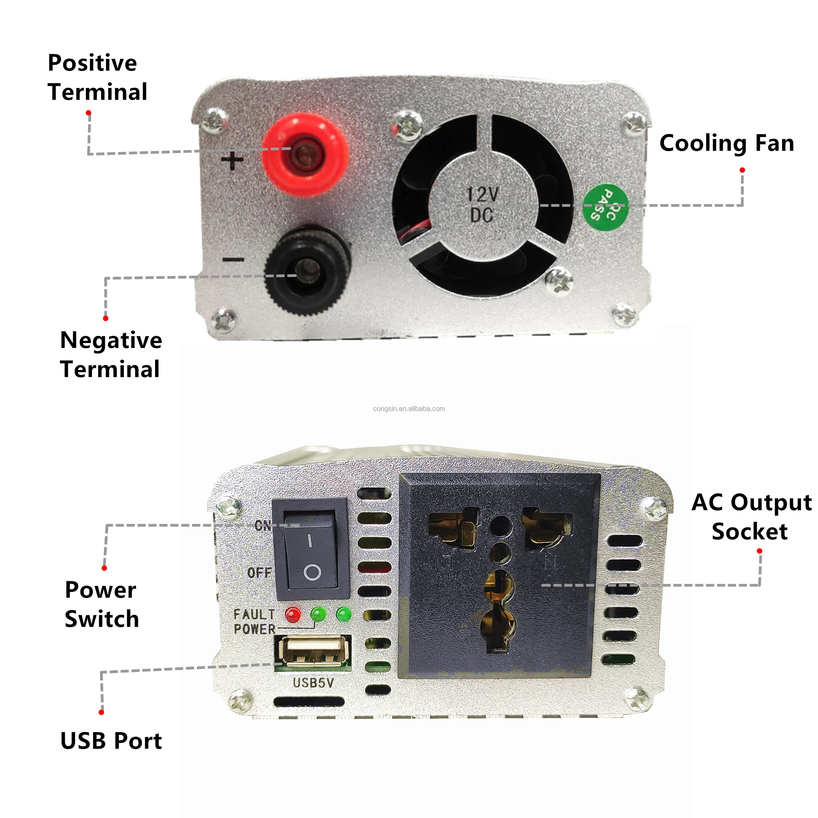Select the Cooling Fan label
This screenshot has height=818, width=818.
[727, 143]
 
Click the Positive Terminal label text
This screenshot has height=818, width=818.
[97, 77]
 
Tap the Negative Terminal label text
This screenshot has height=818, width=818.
[111, 354]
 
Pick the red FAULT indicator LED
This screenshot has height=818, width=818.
[293, 614]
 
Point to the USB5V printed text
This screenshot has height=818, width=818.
[313, 682]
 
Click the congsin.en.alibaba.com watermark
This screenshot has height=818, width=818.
[409, 408]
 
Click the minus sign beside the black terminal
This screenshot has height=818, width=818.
[233, 259]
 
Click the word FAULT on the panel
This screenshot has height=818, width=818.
[254, 614]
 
